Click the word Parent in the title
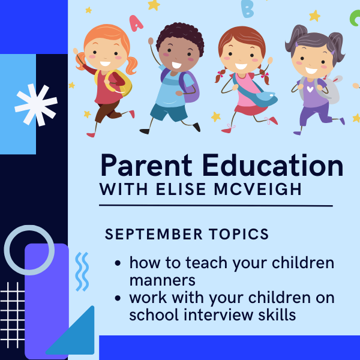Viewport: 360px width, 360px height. click(146, 165)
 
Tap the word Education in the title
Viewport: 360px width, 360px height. click(273, 165)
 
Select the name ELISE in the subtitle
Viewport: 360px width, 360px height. click(181, 189)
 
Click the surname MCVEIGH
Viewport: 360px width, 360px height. click(257, 189)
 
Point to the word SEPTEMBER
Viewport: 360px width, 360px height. click(154, 234)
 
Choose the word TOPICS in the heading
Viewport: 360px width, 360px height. click(239, 234)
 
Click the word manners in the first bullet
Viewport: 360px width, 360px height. click(163, 280)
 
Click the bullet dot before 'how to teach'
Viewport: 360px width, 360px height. click(118, 263)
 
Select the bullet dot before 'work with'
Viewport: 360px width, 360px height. click(118, 298)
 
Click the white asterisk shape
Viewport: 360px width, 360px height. click(36, 105)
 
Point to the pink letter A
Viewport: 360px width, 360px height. click(136, 23)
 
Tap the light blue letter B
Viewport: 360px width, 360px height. click(247, 9)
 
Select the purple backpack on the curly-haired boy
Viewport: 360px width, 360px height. click(189, 86)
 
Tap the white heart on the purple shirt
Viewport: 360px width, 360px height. click(310, 89)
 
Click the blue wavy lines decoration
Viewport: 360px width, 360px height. click(82, 272)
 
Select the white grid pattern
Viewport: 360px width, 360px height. click(13, 315)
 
